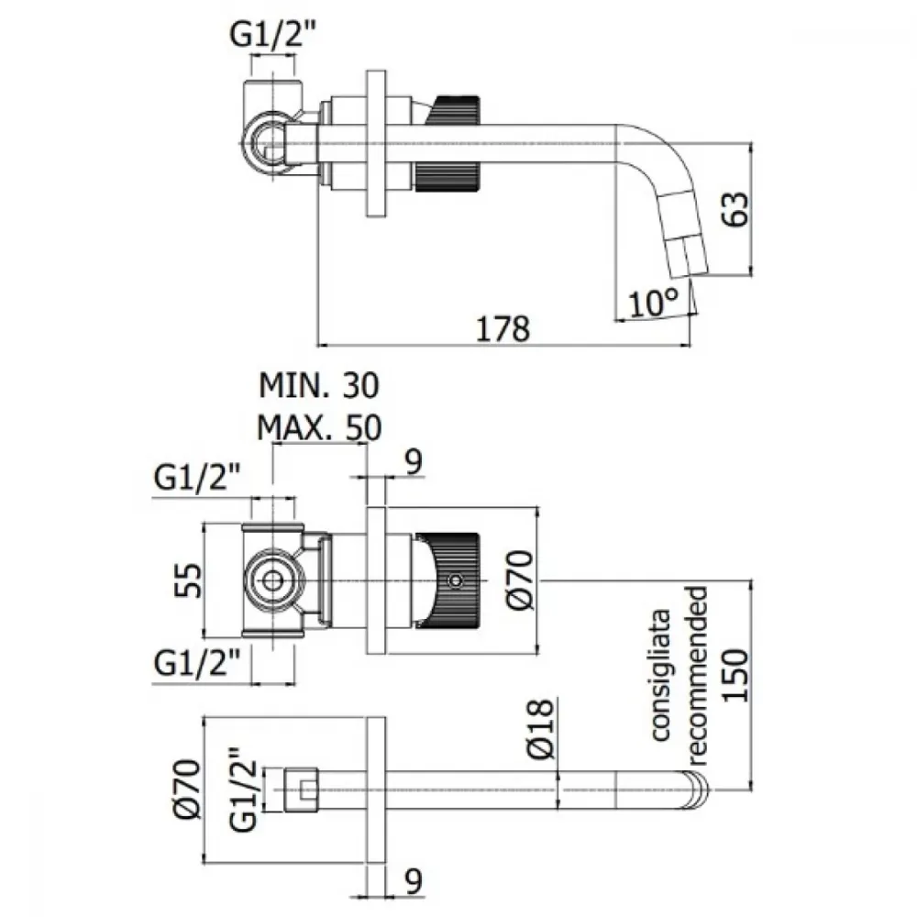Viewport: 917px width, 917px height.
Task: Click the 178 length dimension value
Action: [503, 328]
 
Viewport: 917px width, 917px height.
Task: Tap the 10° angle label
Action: [654, 303]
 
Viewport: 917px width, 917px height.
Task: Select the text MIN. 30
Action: [319, 385]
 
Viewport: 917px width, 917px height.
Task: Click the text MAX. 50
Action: [319, 427]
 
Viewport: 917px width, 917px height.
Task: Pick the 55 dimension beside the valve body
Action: [188, 580]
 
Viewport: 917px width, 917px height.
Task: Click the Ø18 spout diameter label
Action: [540, 728]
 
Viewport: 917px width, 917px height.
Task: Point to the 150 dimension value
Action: [735, 674]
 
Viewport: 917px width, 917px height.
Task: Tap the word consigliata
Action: [660, 676]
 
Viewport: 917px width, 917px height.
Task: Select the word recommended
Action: [698, 676]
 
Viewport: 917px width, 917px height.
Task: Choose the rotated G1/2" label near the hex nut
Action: [243, 789]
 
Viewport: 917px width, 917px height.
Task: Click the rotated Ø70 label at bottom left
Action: [188, 789]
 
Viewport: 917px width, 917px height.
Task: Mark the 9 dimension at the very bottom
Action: [414, 881]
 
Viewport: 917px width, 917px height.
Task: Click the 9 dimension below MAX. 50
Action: [414, 462]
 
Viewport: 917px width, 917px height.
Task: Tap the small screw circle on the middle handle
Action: [456, 580]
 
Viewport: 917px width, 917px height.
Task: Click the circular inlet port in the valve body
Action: [272, 580]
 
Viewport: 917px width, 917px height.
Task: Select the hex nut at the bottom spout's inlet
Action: [301, 789]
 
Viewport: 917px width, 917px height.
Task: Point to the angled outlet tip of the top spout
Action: [691, 262]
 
